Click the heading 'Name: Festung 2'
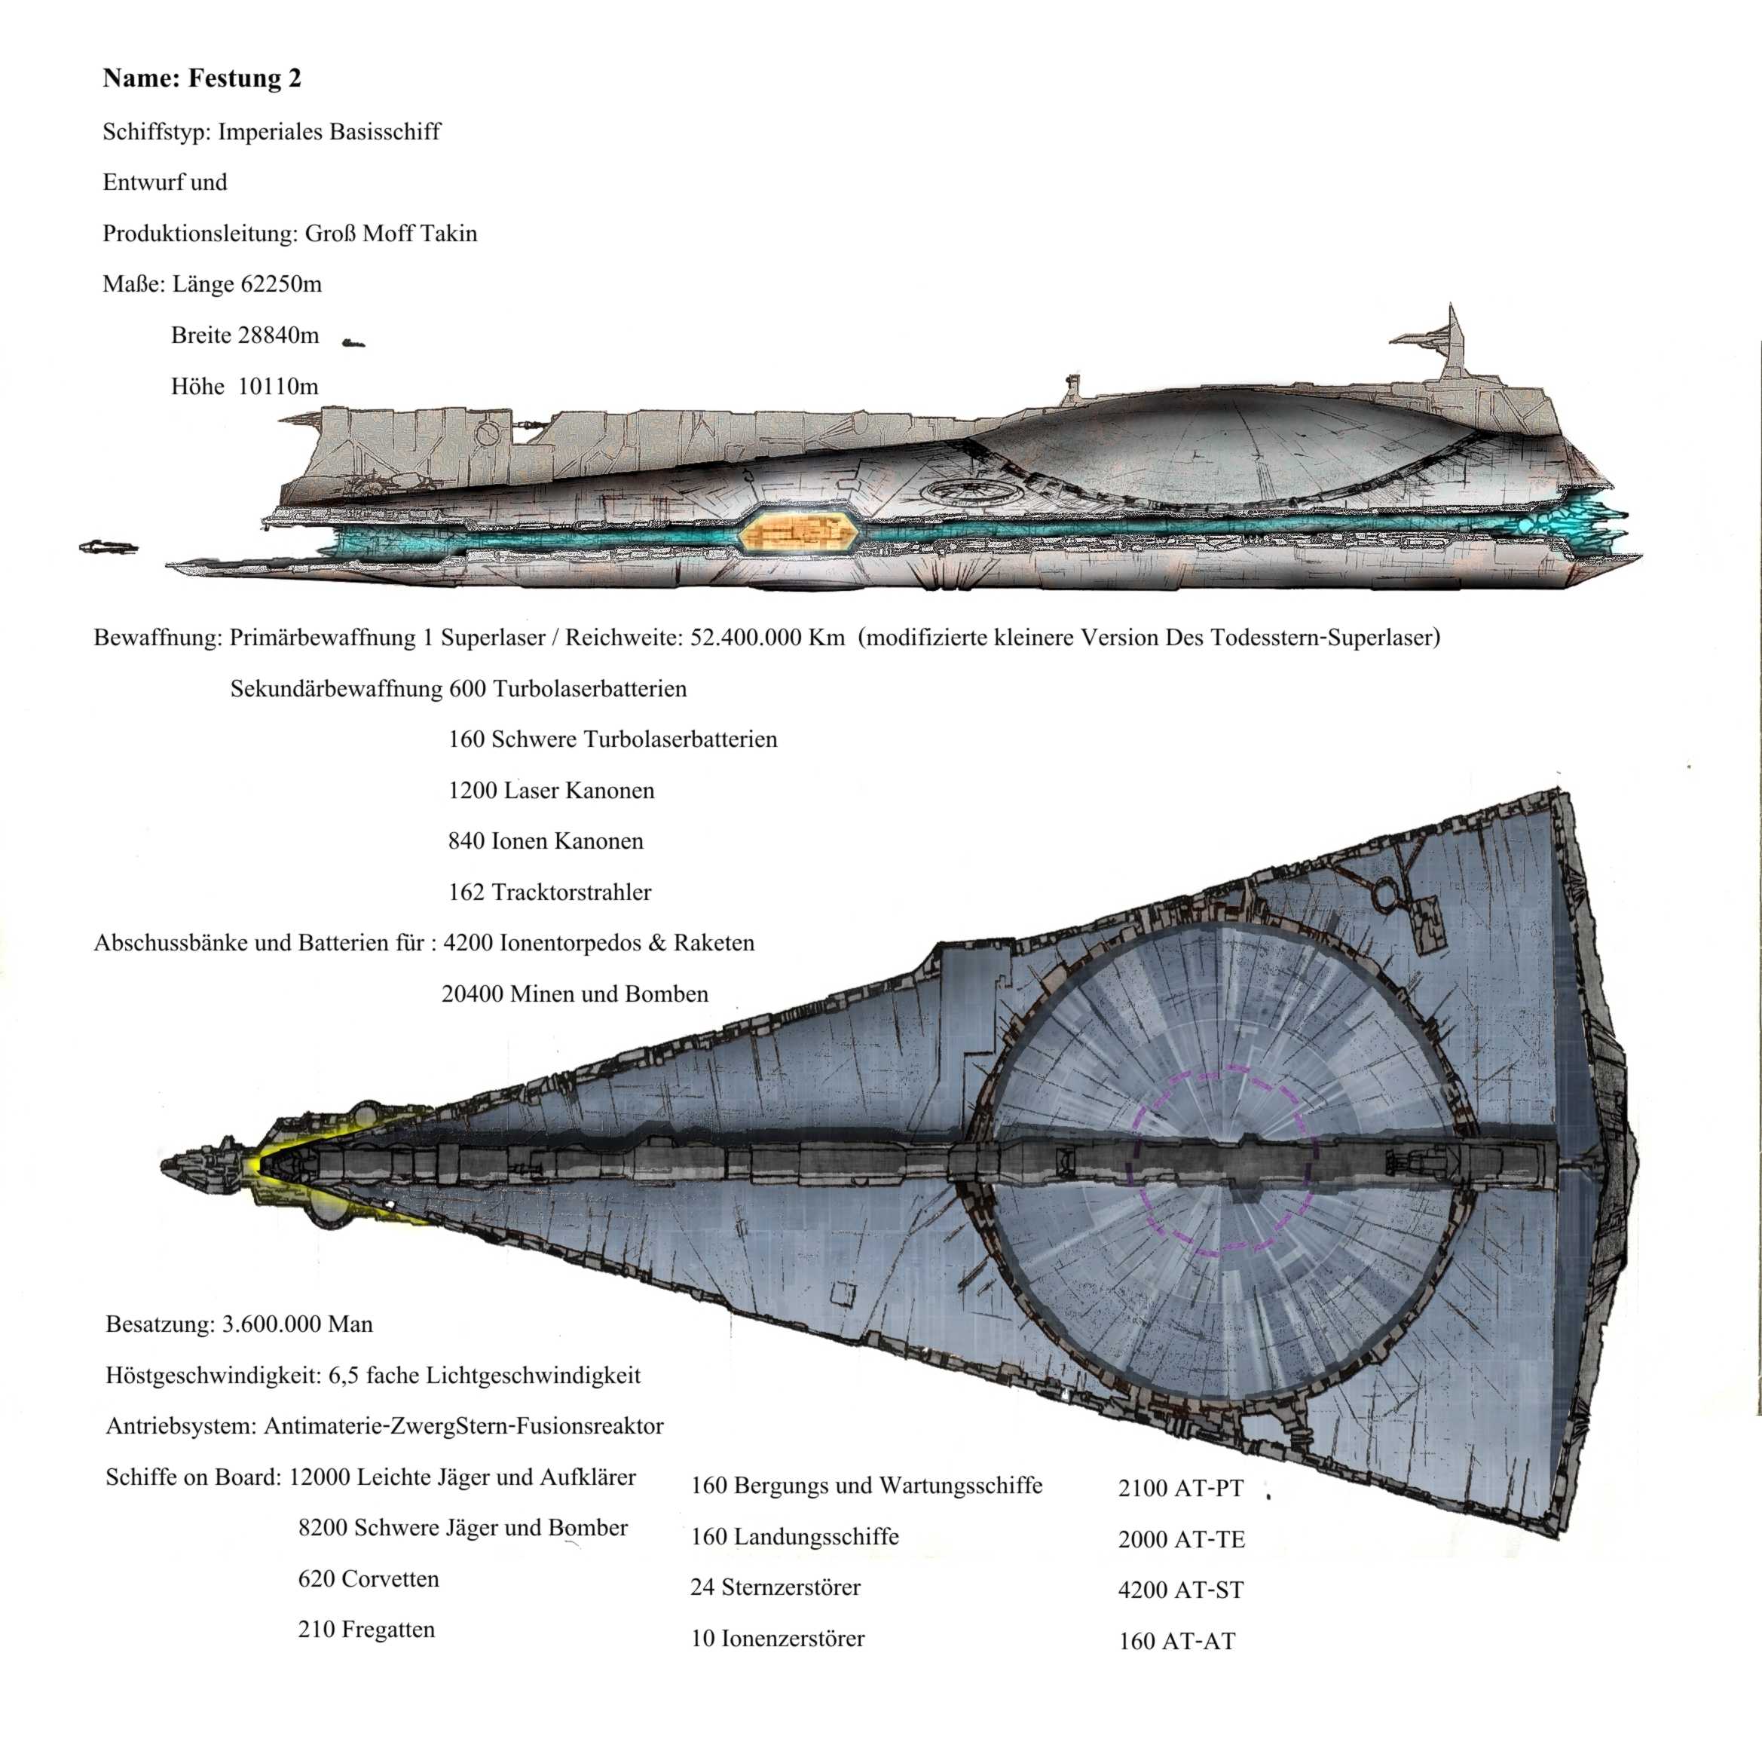(201, 78)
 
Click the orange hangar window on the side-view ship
(798, 532)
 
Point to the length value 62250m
(281, 285)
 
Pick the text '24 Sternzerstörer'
(775, 1587)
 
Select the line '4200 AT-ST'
(1181, 1591)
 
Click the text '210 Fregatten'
(366, 1630)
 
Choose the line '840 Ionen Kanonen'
(546, 841)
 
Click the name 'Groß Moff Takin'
(390, 234)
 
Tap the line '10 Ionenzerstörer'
(777, 1639)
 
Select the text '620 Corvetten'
(369, 1579)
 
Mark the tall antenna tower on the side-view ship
(1452, 342)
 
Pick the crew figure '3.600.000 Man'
(298, 1324)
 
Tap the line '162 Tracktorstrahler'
(549, 892)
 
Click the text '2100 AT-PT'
(1180, 1489)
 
